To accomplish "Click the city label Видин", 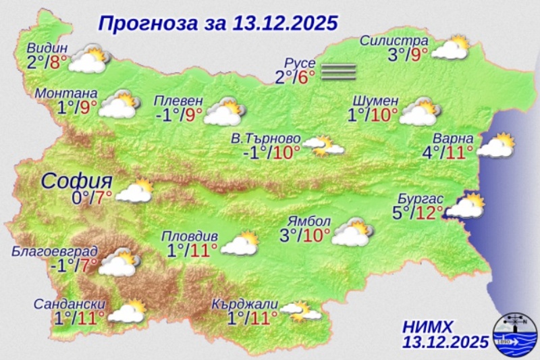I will (48, 48).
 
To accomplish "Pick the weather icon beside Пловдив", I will (240, 243).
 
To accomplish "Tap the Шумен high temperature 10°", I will (383, 114).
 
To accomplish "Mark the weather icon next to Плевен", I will (224, 111).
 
